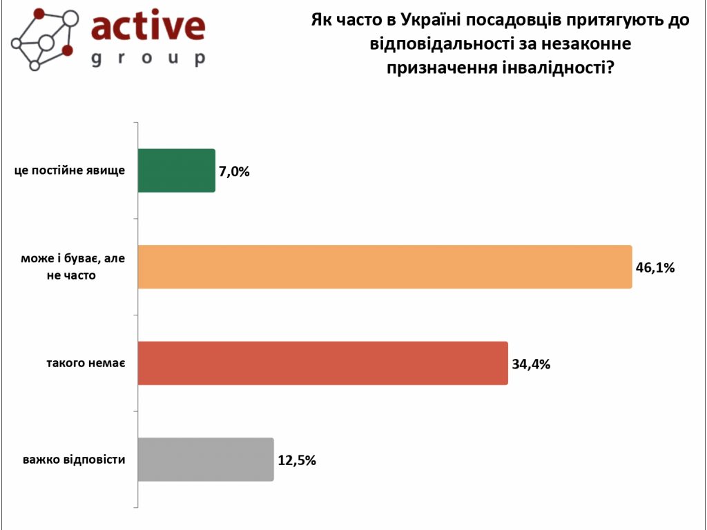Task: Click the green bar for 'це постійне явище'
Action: click(177, 170)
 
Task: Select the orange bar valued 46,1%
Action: click(385, 266)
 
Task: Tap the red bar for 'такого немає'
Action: click(322, 363)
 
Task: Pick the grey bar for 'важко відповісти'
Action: click(206, 460)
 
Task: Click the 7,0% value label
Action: click(234, 171)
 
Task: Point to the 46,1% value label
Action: click(655, 267)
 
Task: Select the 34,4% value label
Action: click(531, 364)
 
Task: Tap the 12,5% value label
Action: click(297, 460)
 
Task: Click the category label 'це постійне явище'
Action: click(70, 170)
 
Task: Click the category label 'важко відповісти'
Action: click(74, 459)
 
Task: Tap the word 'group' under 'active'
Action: click(148, 58)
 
